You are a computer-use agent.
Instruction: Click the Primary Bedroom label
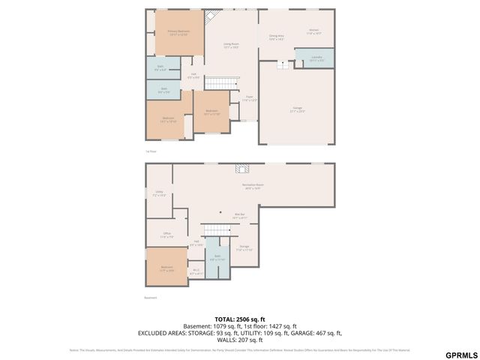point(178,33)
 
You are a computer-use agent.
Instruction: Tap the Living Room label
point(230,46)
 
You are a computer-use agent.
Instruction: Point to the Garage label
point(298,109)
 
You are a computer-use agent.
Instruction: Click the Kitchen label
point(313,31)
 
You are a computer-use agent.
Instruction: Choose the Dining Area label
point(276,37)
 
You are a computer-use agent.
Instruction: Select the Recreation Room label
point(253,187)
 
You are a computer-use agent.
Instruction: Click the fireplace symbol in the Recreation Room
point(241,169)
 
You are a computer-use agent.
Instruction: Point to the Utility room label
point(159,193)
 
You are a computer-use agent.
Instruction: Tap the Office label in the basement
point(166,235)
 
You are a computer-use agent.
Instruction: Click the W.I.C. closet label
point(196,271)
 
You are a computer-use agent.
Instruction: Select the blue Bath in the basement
point(217,257)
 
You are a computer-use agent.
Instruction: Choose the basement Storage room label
point(244,247)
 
